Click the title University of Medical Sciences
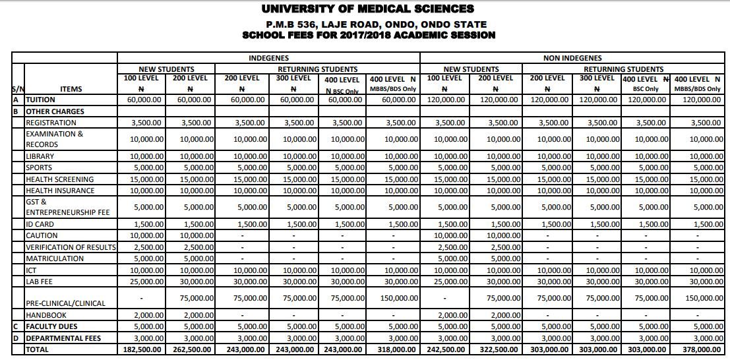367,9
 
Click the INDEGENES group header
268,59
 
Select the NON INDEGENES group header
572,59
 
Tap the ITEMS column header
71,89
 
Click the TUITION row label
40,100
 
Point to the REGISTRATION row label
51,123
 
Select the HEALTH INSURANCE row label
59,191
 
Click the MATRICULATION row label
55,258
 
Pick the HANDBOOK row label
47,315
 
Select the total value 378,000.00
700,349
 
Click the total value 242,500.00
445,349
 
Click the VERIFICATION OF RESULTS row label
71,247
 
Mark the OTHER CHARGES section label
55,111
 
